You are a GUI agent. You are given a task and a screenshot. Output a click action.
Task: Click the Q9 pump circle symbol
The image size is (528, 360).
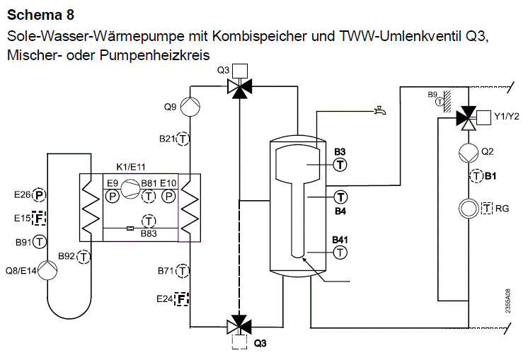tap(190, 107)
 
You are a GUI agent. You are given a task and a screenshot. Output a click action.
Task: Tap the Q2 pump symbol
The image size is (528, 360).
tap(469, 153)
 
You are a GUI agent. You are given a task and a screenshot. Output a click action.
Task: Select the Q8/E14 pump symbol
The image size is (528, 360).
tap(47, 270)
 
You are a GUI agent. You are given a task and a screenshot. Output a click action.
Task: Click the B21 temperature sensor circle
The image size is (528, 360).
tap(183, 139)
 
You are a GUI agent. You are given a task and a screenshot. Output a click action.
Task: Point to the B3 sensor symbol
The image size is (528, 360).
tap(340, 165)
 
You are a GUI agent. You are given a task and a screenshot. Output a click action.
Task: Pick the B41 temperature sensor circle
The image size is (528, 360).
tap(340, 252)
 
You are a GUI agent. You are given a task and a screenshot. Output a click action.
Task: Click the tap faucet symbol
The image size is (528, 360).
tap(380, 110)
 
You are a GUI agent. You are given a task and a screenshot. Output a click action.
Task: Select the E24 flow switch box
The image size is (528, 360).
tap(181, 298)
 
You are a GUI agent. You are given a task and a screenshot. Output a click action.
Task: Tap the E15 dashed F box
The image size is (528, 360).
tap(39, 219)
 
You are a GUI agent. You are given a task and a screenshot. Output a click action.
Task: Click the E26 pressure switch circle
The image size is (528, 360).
tap(39, 194)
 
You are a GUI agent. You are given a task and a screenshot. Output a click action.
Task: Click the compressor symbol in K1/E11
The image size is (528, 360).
tap(130, 189)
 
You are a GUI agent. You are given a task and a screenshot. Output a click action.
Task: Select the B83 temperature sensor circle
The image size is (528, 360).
tap(149, 221)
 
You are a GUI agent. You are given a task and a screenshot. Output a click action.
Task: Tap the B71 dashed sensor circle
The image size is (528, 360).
tap(183, 270)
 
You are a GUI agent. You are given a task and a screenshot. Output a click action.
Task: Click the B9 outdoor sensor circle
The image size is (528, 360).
tap(440, 101)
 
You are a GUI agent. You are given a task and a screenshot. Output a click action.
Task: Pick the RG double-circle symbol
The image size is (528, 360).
tap(469, 208)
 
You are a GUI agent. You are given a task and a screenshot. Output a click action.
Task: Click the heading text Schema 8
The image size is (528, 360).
tap(40, 15)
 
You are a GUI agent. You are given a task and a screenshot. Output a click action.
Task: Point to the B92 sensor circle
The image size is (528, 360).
tap(84, 257)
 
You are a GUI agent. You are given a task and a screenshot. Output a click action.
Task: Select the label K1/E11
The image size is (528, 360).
tap(131, 167)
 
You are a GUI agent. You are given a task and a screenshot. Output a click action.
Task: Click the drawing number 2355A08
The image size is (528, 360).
tap(507, 301)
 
